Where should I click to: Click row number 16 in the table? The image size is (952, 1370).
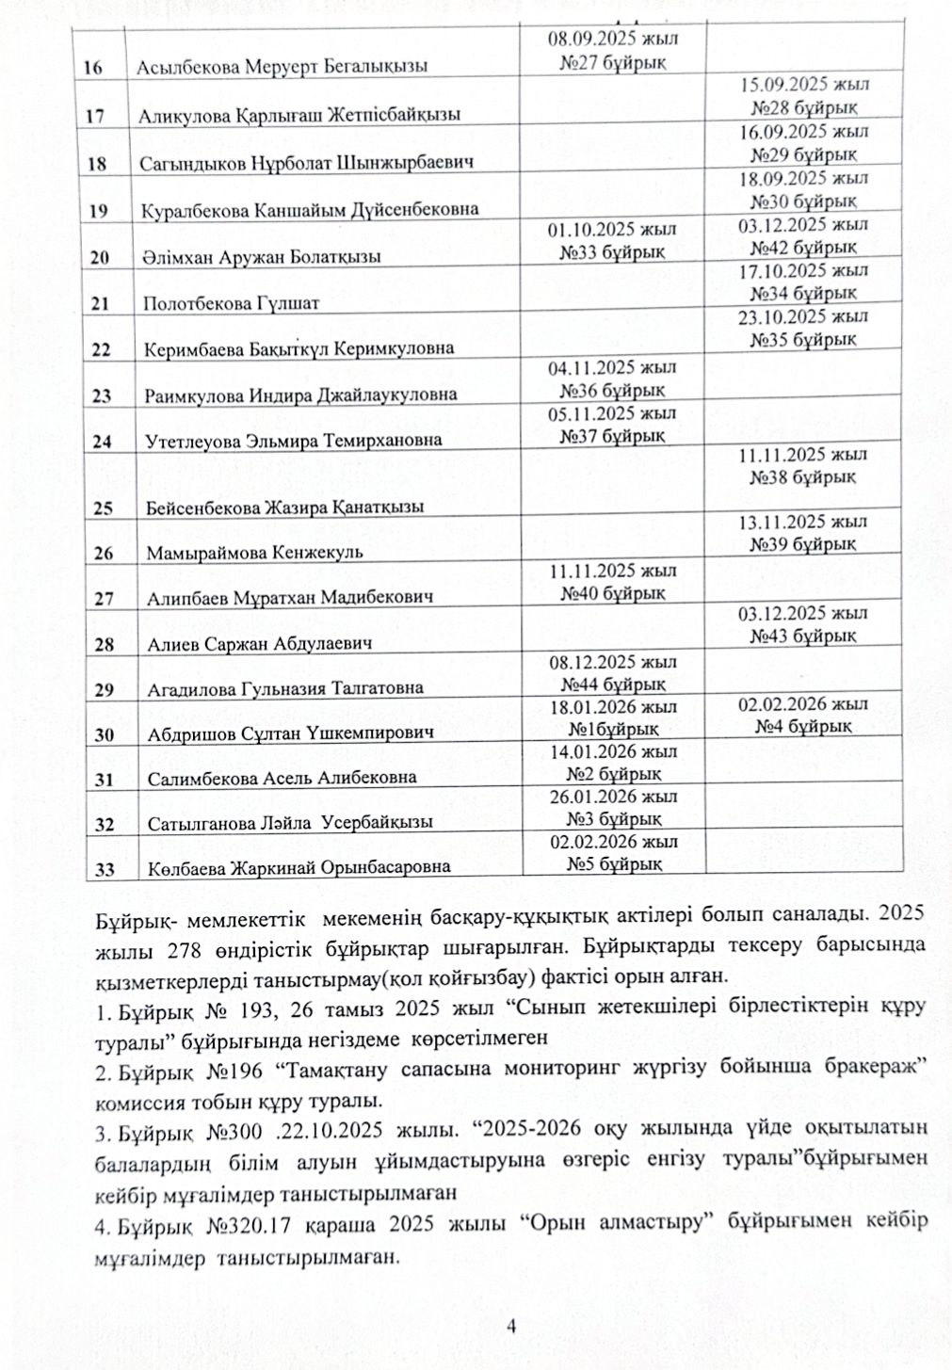pyautogui.click(x=94, y=68)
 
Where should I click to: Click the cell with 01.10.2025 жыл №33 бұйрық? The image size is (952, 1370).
pyautogui.click(x=612, y=241)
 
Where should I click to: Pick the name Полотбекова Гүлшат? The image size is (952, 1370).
pyautogui.click(x=231, y=303)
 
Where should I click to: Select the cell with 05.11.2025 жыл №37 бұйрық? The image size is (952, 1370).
pyautogui.click(x=612, y=425)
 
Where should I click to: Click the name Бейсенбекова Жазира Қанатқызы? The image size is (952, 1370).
pyautogui.click(x=284, y=508)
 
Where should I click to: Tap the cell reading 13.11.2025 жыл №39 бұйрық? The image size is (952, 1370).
pyautogui.click(x=803, y=533)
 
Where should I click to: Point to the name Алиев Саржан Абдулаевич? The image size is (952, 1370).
pyautogui.click(x=259, y=644)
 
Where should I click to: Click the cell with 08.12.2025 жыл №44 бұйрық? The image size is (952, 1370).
pyautogui.click(x=612, y=673)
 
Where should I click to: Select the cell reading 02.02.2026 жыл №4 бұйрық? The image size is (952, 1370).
pyautogui.click(x=803, y=715)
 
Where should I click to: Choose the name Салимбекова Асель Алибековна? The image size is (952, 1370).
pyautogui.click(x=282, y=779)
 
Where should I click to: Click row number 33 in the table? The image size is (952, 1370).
pyautogui.click(x=104, y=868)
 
